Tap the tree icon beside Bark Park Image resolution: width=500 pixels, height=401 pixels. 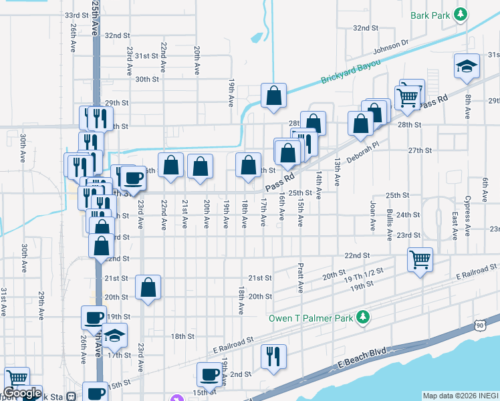coord(460,14)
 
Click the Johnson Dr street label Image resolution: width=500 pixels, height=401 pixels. coord(390,47)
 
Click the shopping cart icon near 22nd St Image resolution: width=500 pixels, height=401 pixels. coord(420,258)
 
